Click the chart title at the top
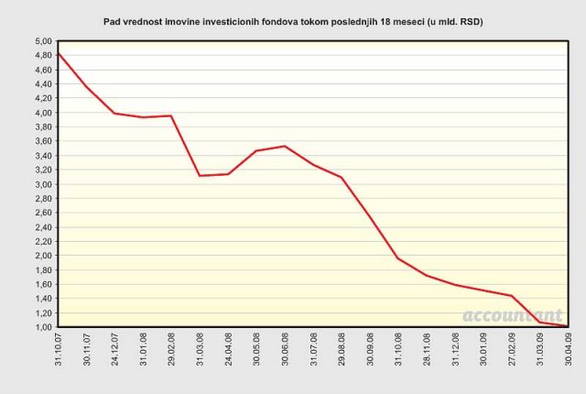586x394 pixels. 293,20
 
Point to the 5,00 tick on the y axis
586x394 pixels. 43,42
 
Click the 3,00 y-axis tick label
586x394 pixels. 43,184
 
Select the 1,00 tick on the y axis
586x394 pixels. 43,327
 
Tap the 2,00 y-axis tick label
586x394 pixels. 43,256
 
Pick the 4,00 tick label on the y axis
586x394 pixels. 43,113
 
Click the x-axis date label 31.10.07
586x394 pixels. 60,352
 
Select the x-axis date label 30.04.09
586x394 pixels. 568,352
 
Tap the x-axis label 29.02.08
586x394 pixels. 172,352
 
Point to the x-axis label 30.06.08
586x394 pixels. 286,352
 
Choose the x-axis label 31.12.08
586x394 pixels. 455,352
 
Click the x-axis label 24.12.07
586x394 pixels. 115,352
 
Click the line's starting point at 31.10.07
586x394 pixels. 59,53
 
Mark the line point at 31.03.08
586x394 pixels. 200,175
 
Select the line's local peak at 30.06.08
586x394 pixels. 285,146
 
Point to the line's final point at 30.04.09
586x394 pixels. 567,326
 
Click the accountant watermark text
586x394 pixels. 513,315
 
